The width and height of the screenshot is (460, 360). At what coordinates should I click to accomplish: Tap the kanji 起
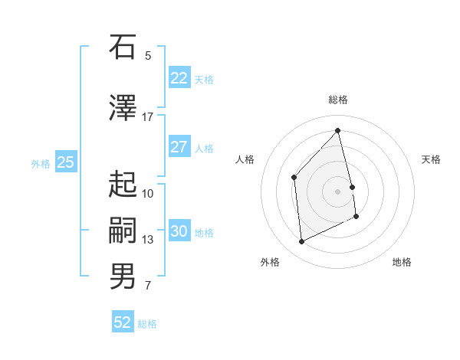click(x=123, y=184)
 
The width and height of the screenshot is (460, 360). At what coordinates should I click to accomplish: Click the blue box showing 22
click(x=179, y=78)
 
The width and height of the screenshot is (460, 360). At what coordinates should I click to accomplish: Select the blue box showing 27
click(x=179, y=147)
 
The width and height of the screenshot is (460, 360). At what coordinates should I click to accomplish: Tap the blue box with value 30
click(x=179, y=232)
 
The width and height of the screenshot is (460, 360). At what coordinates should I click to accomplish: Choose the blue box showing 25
click(x=65, y=162)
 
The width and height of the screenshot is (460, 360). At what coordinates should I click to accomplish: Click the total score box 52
click(x=123, y=322)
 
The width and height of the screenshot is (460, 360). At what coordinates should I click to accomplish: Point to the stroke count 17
click(x=147, y=116)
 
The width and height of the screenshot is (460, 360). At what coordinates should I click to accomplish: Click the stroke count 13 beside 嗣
click(x=148, y=240)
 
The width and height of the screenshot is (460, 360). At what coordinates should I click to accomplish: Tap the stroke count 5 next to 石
click(x=148, y=55)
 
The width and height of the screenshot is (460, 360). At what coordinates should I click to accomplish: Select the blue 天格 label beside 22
click(x=204, y=80)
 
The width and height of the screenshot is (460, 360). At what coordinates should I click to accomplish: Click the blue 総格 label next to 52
click(x=147, y=324)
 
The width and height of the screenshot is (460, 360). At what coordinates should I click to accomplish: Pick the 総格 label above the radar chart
click(x=338, y=100)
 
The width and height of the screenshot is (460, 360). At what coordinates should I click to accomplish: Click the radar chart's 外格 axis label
click(x=270, y=262)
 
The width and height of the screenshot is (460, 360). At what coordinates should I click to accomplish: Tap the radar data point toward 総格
click(x=338, y=131)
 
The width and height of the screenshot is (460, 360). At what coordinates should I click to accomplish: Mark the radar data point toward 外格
click(x=301, y=242)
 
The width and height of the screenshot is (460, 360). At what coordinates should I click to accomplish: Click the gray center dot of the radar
click(x=338, y=191)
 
